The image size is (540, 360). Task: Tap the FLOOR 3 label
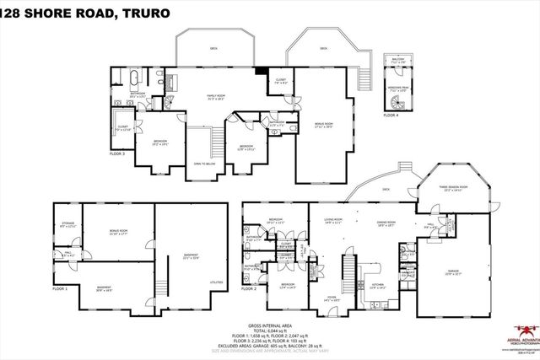point(117,154)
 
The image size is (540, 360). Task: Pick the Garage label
point(454,271)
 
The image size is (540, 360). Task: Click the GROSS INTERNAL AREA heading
point(269,324)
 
